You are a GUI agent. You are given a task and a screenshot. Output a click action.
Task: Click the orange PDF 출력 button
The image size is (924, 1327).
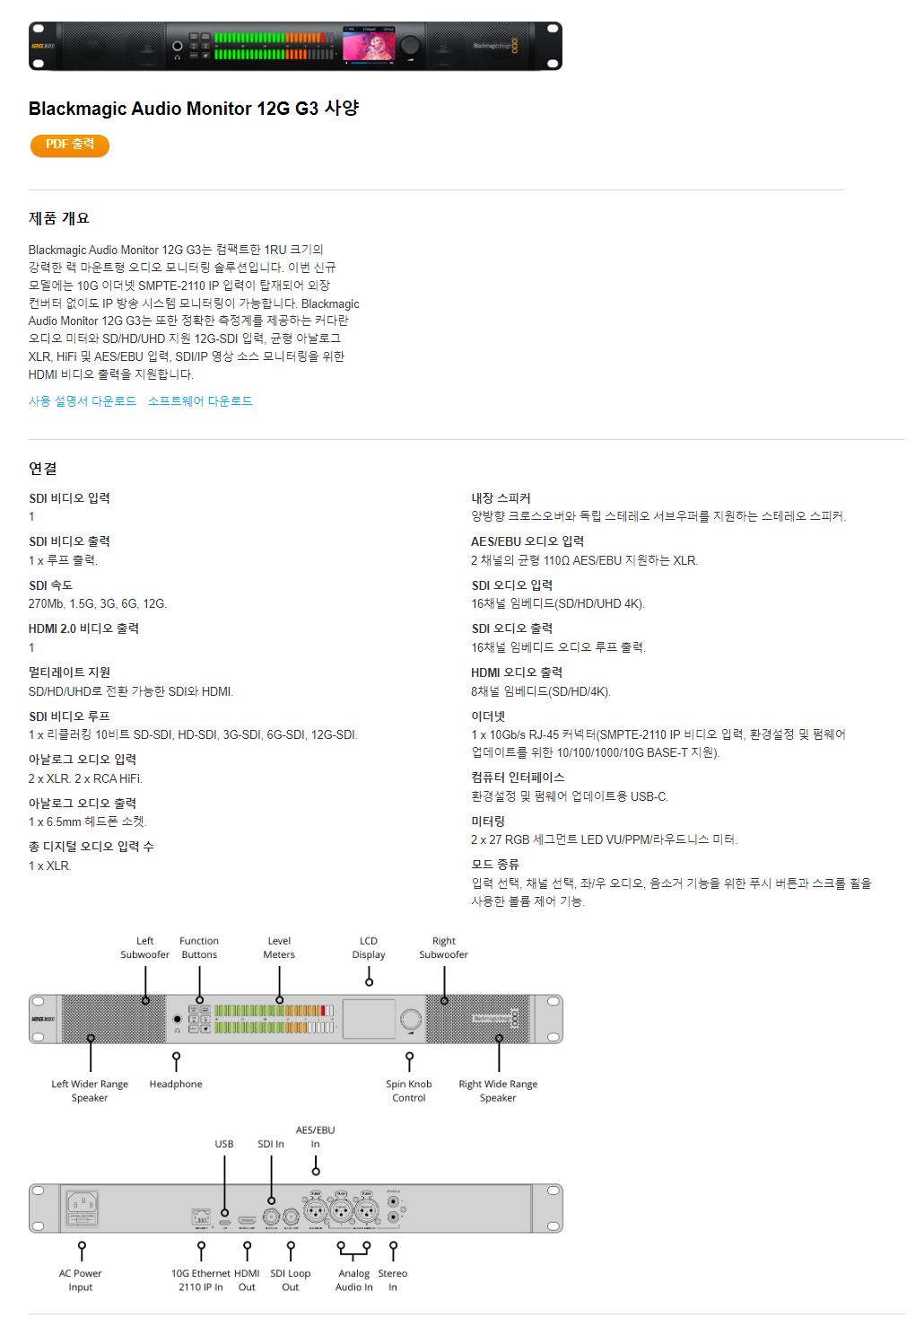(70, 145)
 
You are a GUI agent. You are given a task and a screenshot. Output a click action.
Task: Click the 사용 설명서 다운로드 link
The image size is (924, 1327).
(83, 401)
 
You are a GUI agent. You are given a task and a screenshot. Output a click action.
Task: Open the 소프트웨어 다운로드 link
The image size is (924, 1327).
(200, 401)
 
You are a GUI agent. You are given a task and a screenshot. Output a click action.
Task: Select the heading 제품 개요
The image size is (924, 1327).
(59, 218)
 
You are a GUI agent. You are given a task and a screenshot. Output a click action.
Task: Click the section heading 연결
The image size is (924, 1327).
(43, 469)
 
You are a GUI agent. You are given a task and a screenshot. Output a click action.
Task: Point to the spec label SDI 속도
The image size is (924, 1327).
(50, 585)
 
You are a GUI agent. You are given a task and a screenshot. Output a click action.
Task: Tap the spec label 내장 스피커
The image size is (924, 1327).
(501, 498)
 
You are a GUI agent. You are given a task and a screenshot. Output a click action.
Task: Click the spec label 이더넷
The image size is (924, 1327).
(488, 716)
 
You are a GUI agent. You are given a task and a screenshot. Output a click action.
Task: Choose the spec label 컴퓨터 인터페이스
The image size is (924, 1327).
(518, 778)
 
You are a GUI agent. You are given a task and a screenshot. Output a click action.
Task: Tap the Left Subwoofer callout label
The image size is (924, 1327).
(145, 948)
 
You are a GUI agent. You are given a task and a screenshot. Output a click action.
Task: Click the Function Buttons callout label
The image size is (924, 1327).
(199, 948)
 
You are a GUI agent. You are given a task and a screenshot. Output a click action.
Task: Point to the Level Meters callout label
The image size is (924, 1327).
(279, 948)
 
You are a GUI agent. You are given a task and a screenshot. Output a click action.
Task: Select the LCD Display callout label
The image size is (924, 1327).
(369, 948)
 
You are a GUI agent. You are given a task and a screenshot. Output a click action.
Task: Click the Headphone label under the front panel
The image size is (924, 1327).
(176, 1085)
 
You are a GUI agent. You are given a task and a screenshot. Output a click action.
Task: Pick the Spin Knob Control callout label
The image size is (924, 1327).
(409, 1091)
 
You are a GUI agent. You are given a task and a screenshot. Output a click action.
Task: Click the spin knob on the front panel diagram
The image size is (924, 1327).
(411, 1019)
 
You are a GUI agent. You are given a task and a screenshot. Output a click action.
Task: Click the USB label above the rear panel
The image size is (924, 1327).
(224, 1144)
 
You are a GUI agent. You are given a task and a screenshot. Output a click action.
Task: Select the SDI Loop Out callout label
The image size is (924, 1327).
(291, 1280)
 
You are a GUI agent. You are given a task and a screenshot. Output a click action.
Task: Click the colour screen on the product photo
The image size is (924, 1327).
(369, 46)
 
